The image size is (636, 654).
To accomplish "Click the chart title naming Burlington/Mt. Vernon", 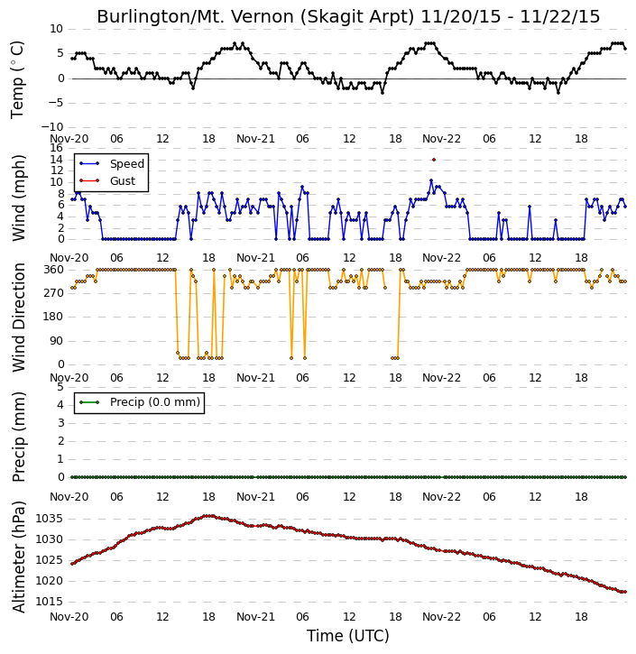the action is click(348, 16).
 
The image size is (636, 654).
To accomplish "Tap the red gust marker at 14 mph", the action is click(434, 160).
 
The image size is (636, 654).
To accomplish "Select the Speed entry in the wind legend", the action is click(112, 164).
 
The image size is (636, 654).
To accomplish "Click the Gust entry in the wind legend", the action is click(107, 181).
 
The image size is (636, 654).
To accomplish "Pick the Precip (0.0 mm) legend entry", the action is click(140, 402).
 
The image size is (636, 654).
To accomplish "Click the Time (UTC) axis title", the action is click(348, 636).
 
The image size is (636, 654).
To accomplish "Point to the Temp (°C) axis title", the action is click(17, 79).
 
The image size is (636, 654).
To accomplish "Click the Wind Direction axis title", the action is click(18, 318).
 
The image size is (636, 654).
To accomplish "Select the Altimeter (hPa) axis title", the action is click(18, 557).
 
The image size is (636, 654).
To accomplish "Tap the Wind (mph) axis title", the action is click(18, 198).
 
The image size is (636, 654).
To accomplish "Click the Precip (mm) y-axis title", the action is click(18, 438).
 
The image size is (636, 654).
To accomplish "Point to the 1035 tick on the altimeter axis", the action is click(50, 519).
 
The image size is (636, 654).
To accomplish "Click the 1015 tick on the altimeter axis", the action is click(50, 602).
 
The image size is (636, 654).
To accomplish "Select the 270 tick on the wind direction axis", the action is click(54, 293).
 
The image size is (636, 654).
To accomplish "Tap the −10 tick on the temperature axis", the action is click(51, 127).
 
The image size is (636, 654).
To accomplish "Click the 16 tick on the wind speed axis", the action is click(56, 148).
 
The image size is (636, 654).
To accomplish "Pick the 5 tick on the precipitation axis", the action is click(60, 387).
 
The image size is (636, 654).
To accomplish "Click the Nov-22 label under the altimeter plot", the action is click(441, 617).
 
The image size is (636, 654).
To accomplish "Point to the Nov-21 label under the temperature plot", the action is click(255, 139).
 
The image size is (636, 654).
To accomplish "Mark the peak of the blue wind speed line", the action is click(431, 180).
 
